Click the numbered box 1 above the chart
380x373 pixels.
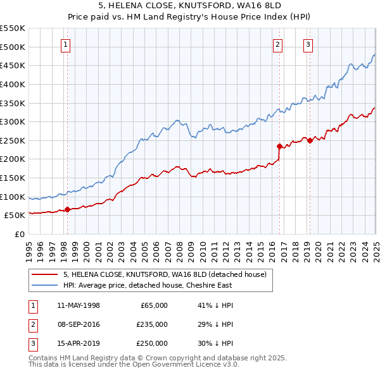[66, 44]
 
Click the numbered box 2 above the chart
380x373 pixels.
[278, 44]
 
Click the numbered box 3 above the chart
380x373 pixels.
[308, 44]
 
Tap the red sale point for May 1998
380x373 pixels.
[67, 210]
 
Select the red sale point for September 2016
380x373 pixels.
[279, 146]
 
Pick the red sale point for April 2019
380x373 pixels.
[310, 140]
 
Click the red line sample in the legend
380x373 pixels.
[44, 274]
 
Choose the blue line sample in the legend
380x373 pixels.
[44, 285]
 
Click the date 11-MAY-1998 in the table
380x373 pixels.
[79, 305]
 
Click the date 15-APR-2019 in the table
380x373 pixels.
[79, 345]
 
